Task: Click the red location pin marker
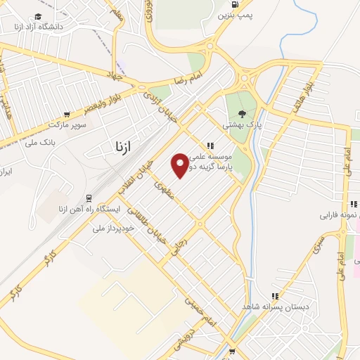point(181,165)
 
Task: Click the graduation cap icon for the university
point(37,15)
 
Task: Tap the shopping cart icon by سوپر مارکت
point(67,114)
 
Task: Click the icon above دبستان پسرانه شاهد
point(275,296)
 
